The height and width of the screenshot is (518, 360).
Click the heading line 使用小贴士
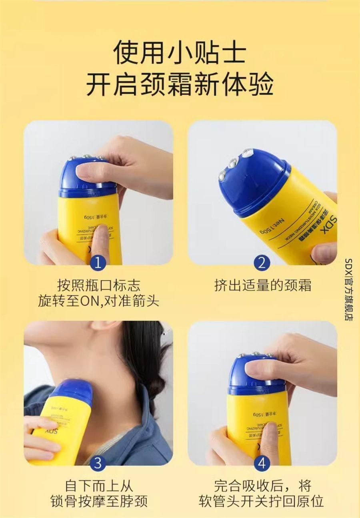point(180,53)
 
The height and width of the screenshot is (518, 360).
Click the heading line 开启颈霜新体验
point(180,85)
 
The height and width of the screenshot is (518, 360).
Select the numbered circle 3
point(98,463)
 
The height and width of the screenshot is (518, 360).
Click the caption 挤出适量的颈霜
point(262,285)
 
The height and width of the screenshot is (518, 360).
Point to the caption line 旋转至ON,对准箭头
point(98,301)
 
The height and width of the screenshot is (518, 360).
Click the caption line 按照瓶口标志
point(98,285)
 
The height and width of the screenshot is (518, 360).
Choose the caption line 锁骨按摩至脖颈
point(98,501)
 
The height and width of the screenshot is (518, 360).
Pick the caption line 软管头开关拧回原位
point(261,501)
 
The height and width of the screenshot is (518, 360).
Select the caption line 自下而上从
point(98,486)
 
